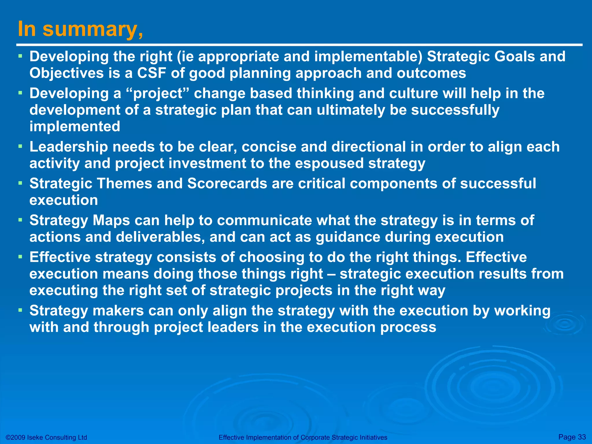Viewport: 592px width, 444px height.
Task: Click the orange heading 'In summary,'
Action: [x=80, y=29]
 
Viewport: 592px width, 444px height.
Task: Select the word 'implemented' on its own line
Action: [x=75, y=127]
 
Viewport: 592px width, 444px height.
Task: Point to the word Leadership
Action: [x=69, y=147]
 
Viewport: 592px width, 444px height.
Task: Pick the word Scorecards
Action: [x=227, y=184]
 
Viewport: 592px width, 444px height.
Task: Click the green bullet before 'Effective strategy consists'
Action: [x=20, y=256]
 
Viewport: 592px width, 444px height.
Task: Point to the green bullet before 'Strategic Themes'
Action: [x=20, y=182]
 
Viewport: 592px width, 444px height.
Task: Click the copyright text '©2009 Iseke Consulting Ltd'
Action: [x=46, y=437]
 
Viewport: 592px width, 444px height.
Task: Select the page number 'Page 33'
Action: [x=572, y=437]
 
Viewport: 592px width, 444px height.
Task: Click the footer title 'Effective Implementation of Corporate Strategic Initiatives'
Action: [x=303, y=437]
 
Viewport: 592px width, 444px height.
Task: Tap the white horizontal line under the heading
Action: [x=299, y=45]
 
